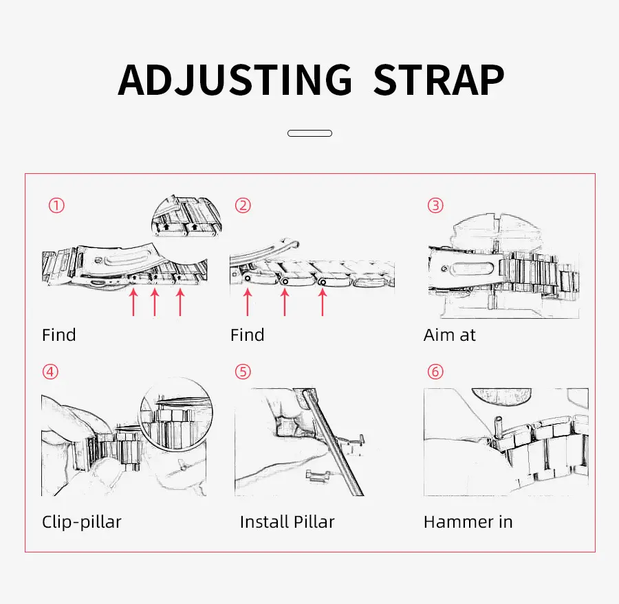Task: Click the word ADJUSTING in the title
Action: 235,80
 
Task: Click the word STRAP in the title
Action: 439,80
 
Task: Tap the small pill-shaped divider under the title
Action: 310,133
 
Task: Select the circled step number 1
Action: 56,205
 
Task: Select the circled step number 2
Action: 243,205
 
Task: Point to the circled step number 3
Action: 435,205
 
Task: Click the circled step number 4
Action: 50,372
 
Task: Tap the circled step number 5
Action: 243,372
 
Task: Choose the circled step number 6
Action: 435,372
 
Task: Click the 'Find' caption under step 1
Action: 59,335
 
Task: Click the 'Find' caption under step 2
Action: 248,335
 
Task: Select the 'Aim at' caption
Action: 450,335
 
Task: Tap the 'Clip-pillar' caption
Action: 82,522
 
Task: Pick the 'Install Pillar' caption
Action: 287,522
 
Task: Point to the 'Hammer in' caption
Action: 468,522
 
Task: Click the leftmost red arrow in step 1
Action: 133,302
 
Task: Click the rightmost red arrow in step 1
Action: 180,302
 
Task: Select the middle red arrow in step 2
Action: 285,302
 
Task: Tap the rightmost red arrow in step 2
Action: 323,302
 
